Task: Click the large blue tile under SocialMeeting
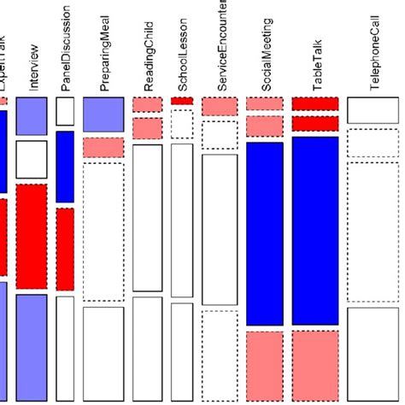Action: pos(264,233)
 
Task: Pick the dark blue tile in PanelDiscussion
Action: pos(65,167)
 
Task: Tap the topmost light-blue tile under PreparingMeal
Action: pos(104,114)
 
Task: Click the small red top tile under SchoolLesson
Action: pos(182,101)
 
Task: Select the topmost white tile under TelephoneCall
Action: pos(373,110)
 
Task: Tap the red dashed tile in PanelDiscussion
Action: pos(65,249)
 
